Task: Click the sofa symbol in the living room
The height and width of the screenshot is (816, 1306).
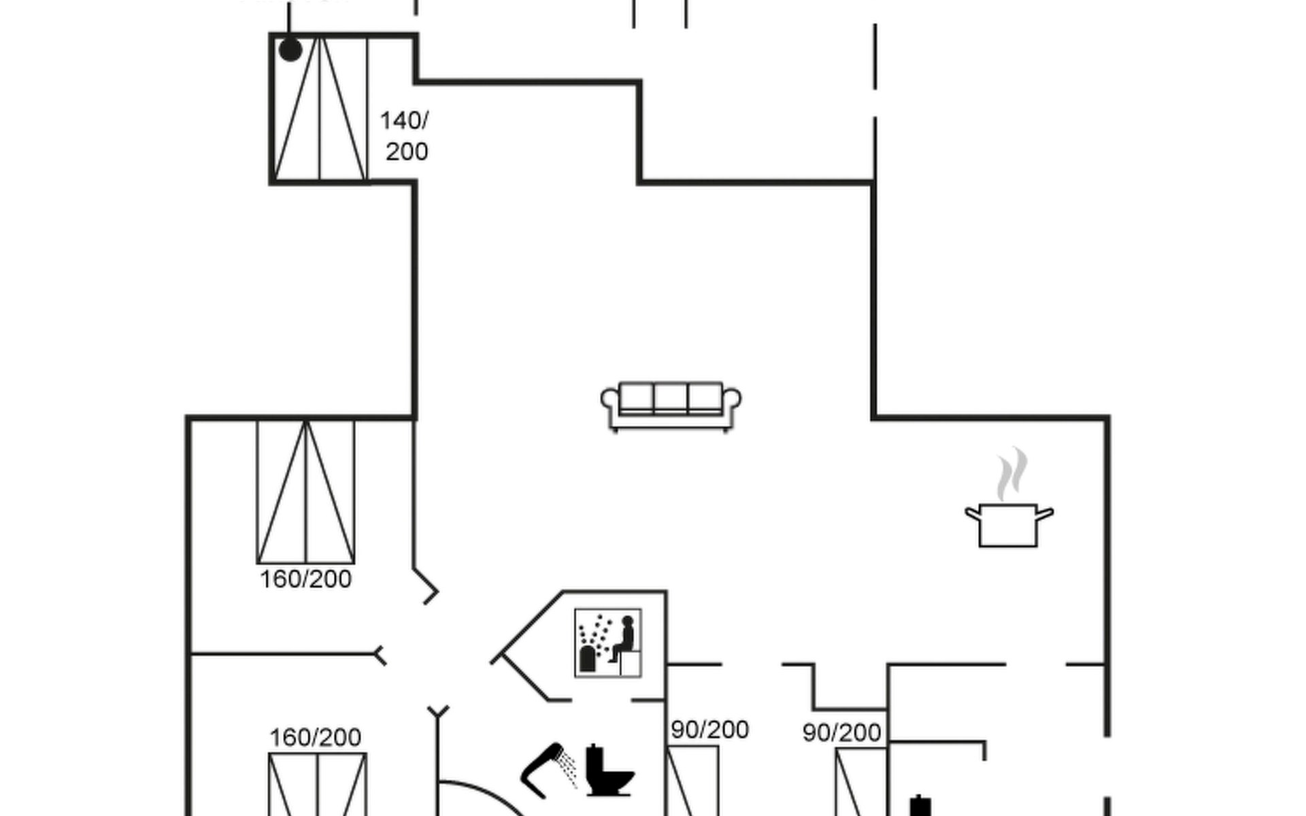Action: coord(671,406)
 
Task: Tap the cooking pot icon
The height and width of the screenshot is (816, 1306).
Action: coord(1008,525)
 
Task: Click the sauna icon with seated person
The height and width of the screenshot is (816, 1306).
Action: coord(608,643)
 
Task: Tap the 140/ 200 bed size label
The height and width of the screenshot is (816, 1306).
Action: coord(405,136)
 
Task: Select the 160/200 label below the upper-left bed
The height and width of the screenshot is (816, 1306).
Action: coord(305,579)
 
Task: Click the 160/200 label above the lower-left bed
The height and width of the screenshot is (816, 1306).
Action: coord(315,737)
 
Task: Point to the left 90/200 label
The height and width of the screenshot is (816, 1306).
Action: coord(709,730)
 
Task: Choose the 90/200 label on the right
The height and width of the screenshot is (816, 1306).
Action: coord(841,732)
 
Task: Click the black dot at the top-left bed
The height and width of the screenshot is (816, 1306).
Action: coord(290,50)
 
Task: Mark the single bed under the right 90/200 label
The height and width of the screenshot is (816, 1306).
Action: coord(860,782)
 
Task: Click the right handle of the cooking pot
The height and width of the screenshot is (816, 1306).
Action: coord(1045,513)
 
